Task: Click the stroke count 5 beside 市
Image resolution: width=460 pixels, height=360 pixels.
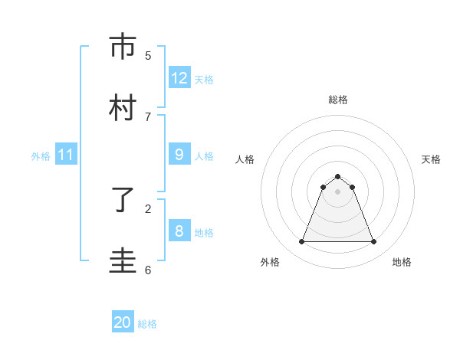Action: (148, 55)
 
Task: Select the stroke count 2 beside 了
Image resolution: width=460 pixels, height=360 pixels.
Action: (148, 208)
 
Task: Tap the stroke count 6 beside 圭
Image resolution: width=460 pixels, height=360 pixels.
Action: (148, 270)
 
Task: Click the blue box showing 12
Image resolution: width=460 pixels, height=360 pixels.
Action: (179, 78)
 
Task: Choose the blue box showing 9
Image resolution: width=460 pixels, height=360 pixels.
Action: (179, 155)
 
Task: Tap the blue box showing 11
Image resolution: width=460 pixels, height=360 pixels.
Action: (66, 155)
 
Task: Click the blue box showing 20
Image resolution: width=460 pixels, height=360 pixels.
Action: (123, 323)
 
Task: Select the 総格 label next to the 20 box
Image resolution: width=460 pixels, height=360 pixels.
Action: (147, 324)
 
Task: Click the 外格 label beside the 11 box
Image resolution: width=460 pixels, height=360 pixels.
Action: (41, 156)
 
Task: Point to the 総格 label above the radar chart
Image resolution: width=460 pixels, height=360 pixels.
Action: (337, 100)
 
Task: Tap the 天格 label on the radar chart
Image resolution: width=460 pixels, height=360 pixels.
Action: (431, 159)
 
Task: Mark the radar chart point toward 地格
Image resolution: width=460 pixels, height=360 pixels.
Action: (374, 242)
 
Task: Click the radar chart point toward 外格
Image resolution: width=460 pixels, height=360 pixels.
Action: (301, 242)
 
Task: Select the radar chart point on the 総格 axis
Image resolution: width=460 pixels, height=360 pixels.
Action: (337, 176)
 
